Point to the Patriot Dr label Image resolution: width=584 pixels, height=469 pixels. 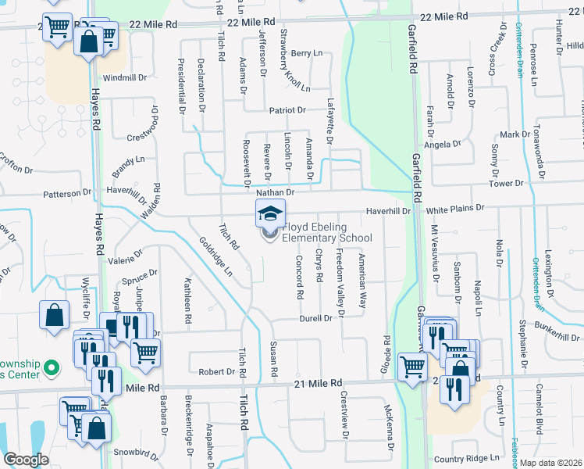(287, 112)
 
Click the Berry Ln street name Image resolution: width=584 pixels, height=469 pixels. (306, 53)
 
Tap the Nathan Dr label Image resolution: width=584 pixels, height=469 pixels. (274, 192)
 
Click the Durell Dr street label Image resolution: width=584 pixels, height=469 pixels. (316, 319)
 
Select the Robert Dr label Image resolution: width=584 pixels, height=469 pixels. (216, 371)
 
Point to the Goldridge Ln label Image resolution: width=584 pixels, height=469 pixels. (215, 257)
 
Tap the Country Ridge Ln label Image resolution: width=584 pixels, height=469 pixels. (465, 458)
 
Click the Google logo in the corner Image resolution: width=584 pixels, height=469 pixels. (26, 459)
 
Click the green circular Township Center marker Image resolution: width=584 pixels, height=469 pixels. (52, 367)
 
